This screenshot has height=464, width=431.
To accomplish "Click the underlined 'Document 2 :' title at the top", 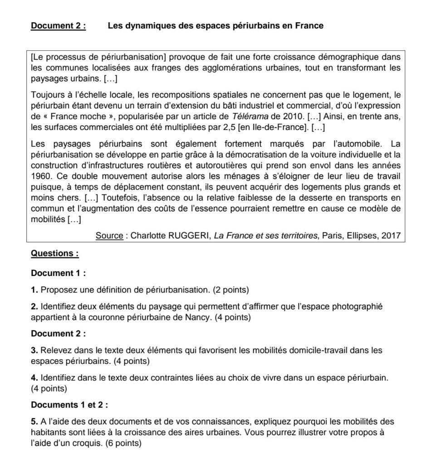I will coord(58,26).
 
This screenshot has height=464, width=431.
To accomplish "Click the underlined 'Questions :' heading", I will coord(54,254).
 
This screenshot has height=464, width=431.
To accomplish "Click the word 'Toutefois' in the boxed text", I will coord(118,198).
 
